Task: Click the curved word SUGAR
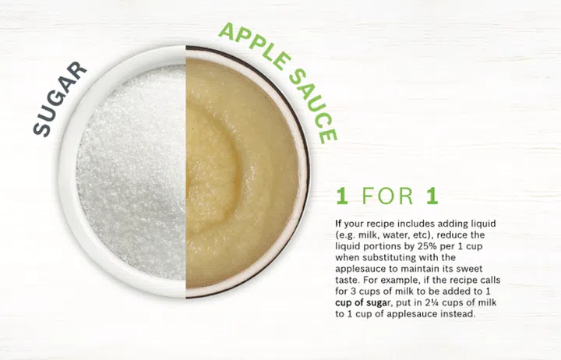click(x=59, y=99)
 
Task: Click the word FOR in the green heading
click(x=387, y=196)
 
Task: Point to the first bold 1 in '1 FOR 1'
click(x=342, y=196)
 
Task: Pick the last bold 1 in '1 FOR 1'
click(x=432, y=196)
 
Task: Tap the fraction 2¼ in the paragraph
click(x=432, y=302)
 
